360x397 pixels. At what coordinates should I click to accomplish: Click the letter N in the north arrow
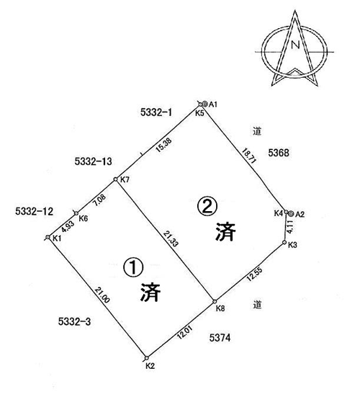(x=295, y=45)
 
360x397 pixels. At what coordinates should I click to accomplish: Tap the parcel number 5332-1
(x=156, y=112)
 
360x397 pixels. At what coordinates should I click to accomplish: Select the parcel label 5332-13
(x=93, y=161)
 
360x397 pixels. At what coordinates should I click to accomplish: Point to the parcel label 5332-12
(x=34, y=211)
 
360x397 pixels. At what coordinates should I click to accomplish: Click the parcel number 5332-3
(x=74, y=321)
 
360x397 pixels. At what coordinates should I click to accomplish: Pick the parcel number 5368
(x=279, y=153)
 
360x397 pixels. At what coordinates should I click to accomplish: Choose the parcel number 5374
(x=220, y=337)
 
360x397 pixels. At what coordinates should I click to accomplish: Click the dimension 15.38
(x=163, y=145)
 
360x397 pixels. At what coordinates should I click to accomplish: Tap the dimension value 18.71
(x=249, y=156)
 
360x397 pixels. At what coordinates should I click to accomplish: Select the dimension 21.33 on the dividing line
(x=171, y=238)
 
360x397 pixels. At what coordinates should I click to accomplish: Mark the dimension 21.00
(x=102, y=295)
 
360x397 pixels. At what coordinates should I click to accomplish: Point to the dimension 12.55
(x=254, y=274)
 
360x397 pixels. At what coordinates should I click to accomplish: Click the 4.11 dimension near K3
(x=290, y=227)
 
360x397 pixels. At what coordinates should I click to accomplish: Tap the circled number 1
(x=133, y=268)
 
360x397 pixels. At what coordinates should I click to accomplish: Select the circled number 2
(x=207, y=207)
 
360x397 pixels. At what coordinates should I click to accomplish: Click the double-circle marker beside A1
(x=205, y=104)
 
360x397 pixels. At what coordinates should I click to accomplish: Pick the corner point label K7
(x=125, y=179)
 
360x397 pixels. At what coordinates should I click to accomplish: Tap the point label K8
(x=220, y=308)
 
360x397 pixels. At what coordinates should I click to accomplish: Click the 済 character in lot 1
(x=150, y=292)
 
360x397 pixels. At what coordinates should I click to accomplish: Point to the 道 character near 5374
(x=257, y=305)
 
